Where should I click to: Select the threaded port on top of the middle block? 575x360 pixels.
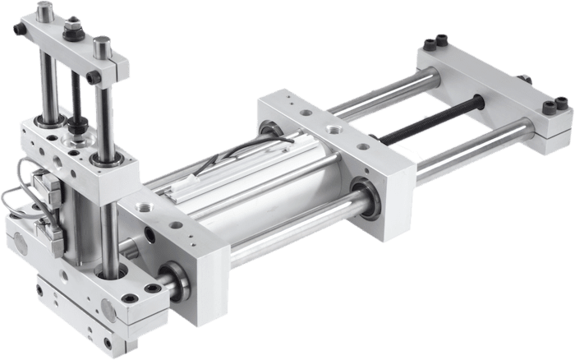tap(333, 129)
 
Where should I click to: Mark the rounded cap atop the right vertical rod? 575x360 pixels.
tap(102, 45)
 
